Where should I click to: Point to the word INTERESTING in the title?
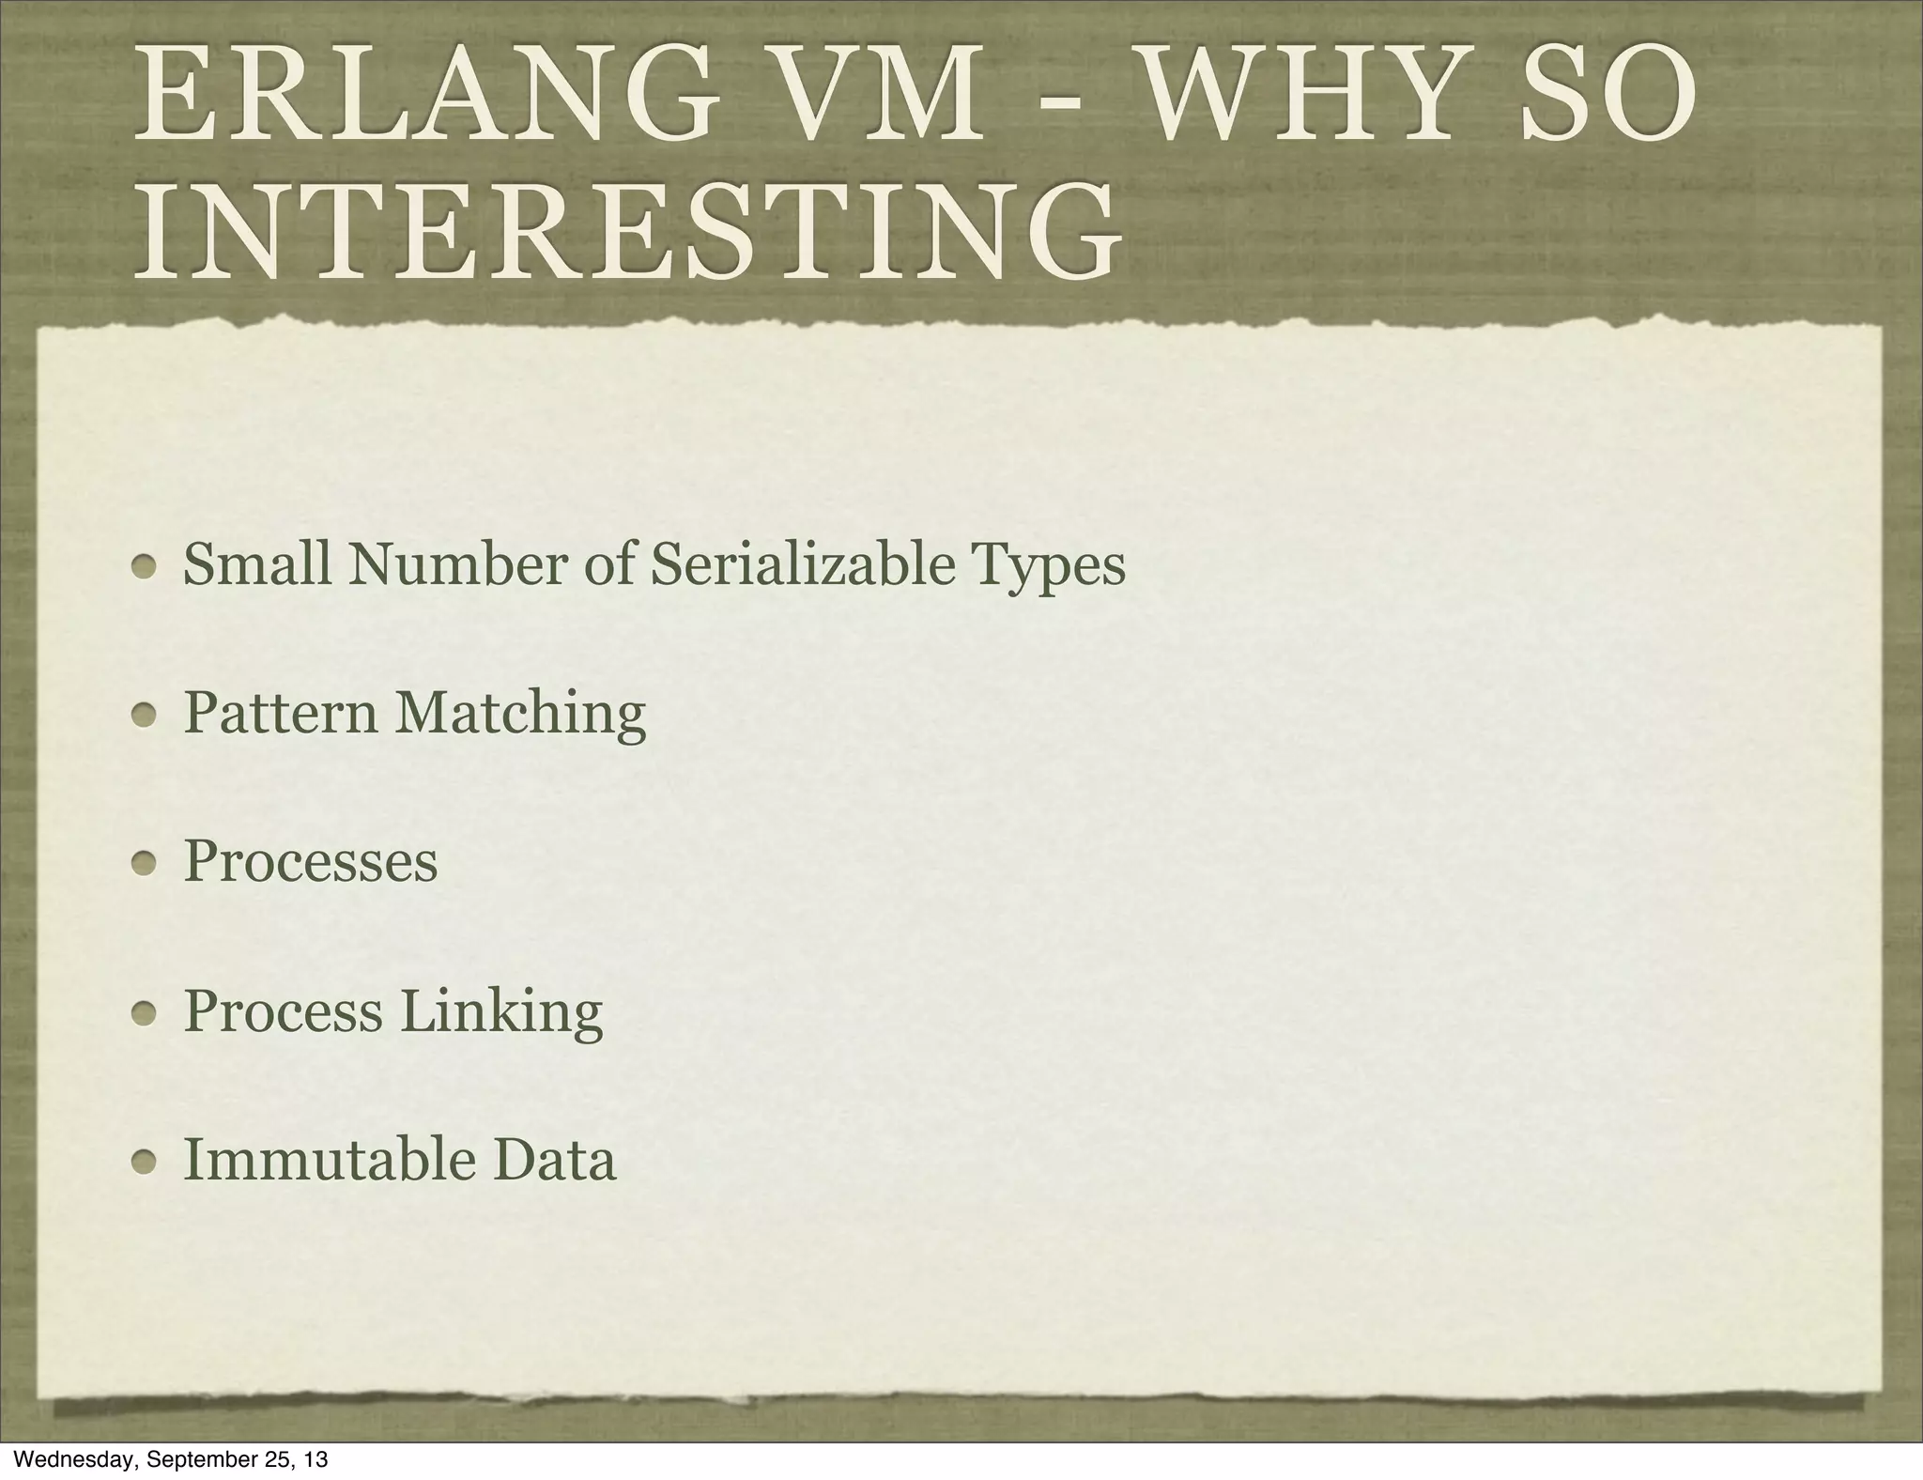[627, 231]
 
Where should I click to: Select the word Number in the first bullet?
[457, 564]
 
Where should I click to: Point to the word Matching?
[519, 715]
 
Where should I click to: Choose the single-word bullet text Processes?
[311, 861]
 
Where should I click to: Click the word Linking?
[501, 1012]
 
